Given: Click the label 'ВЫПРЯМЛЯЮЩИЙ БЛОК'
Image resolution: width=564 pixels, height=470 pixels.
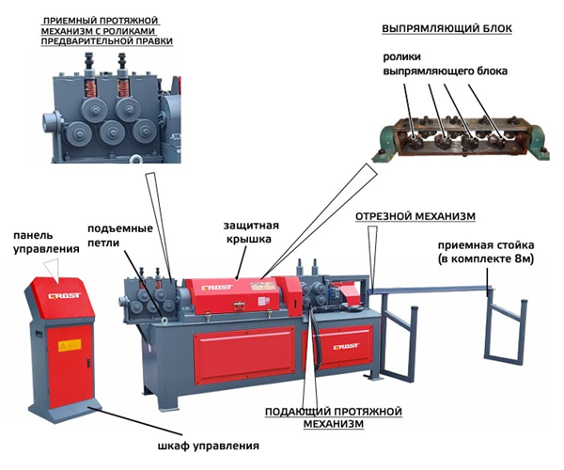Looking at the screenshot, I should click(446, 29).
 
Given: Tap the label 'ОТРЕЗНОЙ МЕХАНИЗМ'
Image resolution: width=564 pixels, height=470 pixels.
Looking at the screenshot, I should click(415, 216).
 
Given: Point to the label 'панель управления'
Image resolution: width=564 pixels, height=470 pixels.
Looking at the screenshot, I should click(39, 242).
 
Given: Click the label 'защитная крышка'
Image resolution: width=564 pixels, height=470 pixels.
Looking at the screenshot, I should click(248, 232).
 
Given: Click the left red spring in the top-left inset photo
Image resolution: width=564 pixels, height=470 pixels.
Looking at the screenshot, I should click(93, 90).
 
